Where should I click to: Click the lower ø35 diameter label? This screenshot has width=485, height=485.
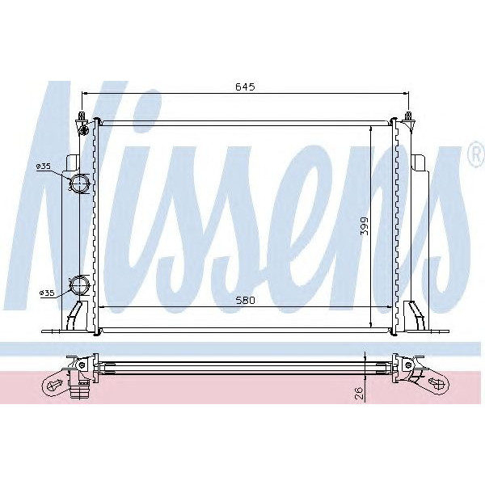46,293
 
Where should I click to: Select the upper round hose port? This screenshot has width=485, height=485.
80,183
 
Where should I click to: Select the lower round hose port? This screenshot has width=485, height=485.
80,285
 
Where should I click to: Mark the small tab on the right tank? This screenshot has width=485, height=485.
420,162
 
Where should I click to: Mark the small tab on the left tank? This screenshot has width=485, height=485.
71,162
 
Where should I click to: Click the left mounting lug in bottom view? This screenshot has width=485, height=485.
58,382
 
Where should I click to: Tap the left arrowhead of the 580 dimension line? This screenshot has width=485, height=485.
100,307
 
